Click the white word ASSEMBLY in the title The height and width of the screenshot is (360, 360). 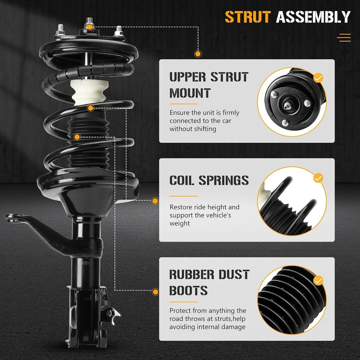click(313, 17)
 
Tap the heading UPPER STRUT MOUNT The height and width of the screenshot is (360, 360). click(209, 85)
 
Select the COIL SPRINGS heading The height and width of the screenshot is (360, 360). click(209, 180)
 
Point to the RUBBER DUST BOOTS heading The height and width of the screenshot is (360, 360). click(209, 282)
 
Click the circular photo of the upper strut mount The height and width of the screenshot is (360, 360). click(292, 102)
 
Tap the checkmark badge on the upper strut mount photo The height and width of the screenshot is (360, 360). click(318, 77)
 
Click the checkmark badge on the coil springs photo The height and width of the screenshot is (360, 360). click(318, 177)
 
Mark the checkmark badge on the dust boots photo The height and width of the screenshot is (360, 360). click(318, 280)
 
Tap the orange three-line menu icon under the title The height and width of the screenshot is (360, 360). click(345, 37)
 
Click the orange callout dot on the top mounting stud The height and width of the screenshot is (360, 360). click(90, 27)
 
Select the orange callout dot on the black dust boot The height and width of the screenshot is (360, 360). click(77, 137)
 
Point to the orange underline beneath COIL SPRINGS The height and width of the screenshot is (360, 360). click(183, 196)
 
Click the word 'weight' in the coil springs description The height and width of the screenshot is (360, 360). click(180, 224)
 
